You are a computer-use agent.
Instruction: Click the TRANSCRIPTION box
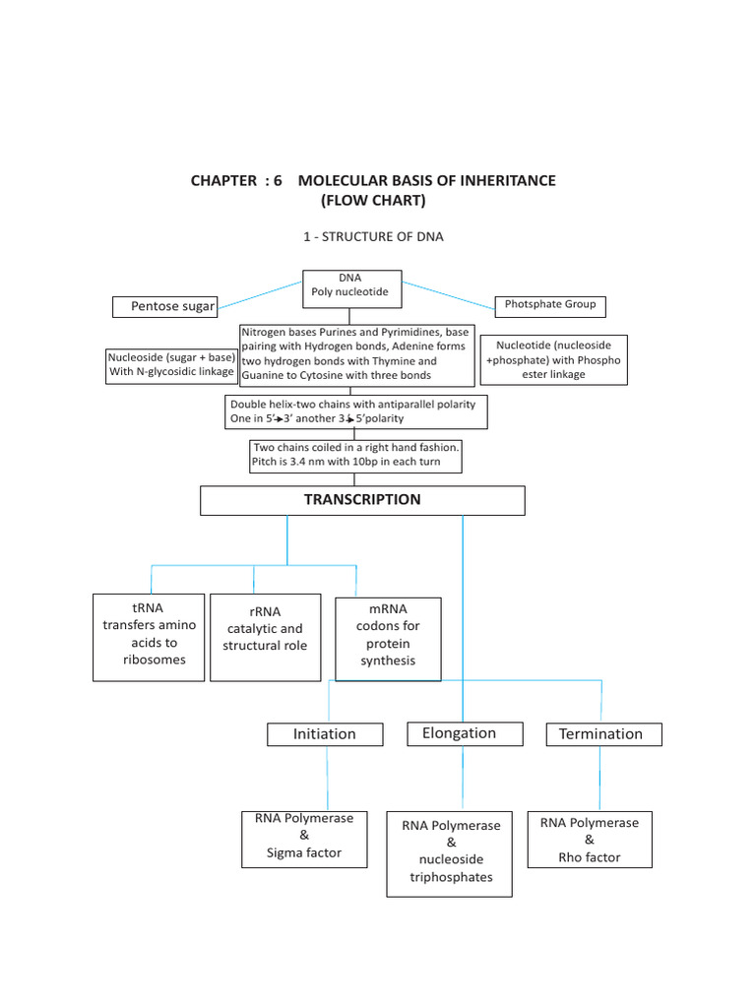pos(362,500)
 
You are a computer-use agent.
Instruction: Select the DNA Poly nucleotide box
pos(351,285)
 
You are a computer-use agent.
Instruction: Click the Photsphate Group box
pos(550,305)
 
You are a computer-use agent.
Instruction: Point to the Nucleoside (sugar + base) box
pos(171,364)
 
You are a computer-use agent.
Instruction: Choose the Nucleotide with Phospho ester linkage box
pos(553,359)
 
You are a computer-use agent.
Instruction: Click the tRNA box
pos(149,636)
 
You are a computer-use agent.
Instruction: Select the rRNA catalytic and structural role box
pos(265,636)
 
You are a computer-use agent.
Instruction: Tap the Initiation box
pos(324,734)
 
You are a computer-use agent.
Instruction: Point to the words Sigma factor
pos(304,853)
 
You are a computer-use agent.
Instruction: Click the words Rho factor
pos(590,857)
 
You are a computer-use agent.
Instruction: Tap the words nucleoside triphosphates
pos(451,868)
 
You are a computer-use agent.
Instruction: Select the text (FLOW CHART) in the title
pos(373,201)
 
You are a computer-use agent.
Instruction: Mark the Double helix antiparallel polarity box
pos(356,411)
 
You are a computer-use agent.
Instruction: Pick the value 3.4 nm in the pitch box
pos(310,462)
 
